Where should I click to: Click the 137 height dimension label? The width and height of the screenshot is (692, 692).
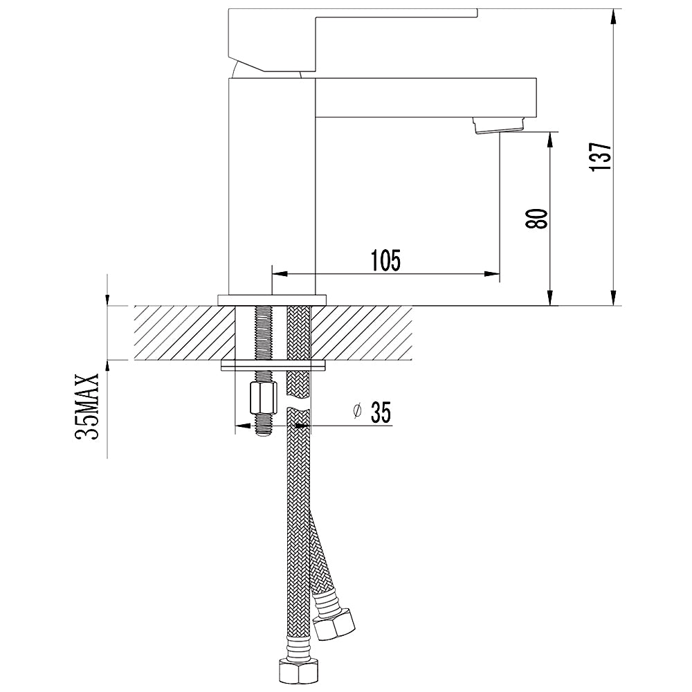[x=601, y=156]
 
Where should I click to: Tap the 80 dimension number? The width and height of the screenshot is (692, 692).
[x=537, y=218]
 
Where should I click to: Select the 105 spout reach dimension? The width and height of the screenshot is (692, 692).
[x=385, y=260]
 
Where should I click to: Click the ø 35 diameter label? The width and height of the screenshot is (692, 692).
[x=373, y=412]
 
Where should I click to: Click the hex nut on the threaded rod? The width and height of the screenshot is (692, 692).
[x=264, y=399]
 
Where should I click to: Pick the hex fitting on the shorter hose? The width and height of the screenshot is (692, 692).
[x=334, y=623]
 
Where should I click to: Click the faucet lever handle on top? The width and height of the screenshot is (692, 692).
[x=353, y=39]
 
